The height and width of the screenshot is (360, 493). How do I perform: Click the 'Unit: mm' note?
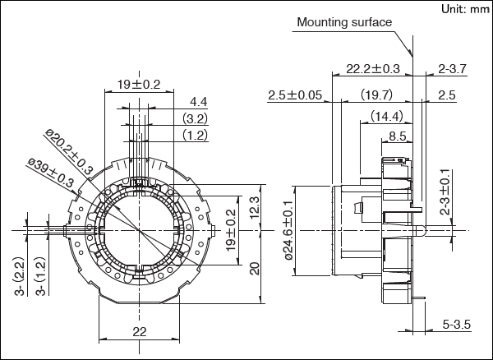click(464, 9)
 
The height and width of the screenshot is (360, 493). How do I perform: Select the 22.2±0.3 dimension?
click(373, 69)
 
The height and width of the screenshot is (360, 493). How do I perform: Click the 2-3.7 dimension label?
click(452, 69)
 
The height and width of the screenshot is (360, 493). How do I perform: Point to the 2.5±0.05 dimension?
click(295, 95)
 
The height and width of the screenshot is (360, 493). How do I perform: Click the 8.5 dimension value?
click(397, 135)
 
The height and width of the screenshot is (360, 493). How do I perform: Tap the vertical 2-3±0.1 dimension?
click(445, 198)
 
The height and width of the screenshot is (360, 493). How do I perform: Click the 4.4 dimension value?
click(198, 102)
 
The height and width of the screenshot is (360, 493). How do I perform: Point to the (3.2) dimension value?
click(195, 118)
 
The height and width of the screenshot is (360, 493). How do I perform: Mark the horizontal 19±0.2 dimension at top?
click(139, 84)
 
